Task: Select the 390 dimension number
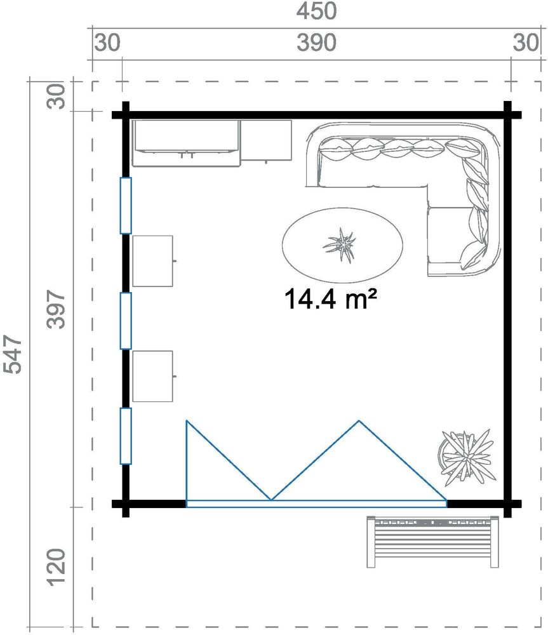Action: (x=316, y=43)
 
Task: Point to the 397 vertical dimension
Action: (x=57, y=309)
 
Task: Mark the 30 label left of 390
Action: (x=106, y=43)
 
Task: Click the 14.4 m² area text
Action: (x=326, y=298)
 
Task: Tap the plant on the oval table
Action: (x=340, y=244)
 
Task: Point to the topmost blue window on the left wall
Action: (x=126, y=205)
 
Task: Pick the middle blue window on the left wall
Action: (x=126, y=321)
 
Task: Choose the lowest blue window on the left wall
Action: (x=126, y=436)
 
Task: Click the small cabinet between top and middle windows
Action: (x=153, y=260)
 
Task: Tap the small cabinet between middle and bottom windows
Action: (x=153, y=376)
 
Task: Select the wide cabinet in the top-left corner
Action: (x=185, y=143)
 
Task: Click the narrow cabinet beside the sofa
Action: (x=266, y=140)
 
